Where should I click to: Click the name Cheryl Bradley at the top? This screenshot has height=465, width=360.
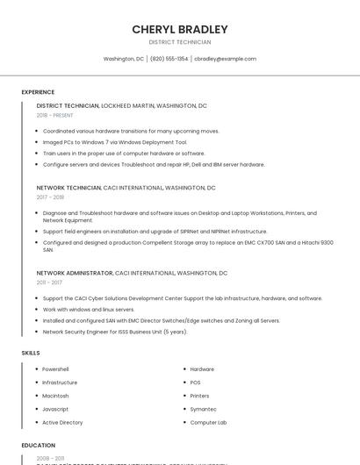pyautogui.click(x=180, y=29)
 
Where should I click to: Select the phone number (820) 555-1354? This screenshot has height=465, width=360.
pyautogui.click(x=169, y=59)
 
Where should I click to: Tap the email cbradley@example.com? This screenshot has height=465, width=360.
pyautogui.click(x=226, y=59)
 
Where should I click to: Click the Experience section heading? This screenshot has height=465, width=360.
pyautogui.click(x=38, y=92)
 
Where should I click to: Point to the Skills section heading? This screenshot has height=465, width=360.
pyautogui.click(x=31, y=353)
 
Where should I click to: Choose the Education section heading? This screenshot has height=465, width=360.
pyautogui.click(x=39, y=446)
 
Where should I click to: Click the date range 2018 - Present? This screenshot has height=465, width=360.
pyautogui.click(x=55, y=115)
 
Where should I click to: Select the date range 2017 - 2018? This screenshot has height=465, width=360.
pyautogui.click(x=50, y=197)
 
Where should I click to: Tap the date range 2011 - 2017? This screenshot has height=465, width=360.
pyautogui.click(x=49, y=283)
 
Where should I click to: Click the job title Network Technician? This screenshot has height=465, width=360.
pyautogui.click(x=68, y=188)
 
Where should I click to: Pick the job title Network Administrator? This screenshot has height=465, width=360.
pyautogui.click(x=75, y=273)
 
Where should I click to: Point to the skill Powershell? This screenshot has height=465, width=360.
pyautogui.click(x=56, y=369)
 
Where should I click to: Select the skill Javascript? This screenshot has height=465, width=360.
pyautogui.click(x=55, y=409)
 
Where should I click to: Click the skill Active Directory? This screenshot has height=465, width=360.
pyautogui.click(x=62, y=422)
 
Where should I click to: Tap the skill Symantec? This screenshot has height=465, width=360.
pyautogui.click(x=203, y=409)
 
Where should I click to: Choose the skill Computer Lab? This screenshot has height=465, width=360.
pyautogui.click(x=208, y=422)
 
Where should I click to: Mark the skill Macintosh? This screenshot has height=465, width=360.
pyautogui.click(x=56, y=396)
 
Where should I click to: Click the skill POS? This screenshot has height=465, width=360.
pyautogui.click(x=196, y=383)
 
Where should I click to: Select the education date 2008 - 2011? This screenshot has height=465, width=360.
pyautogui.click(x=50, y=458)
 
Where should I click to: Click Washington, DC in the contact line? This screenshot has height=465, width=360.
pyautogui.click(x=124, y=59)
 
